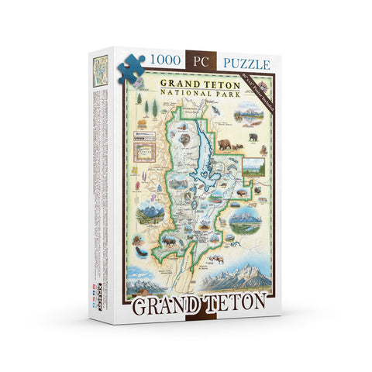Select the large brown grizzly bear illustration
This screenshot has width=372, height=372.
(227, 144)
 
